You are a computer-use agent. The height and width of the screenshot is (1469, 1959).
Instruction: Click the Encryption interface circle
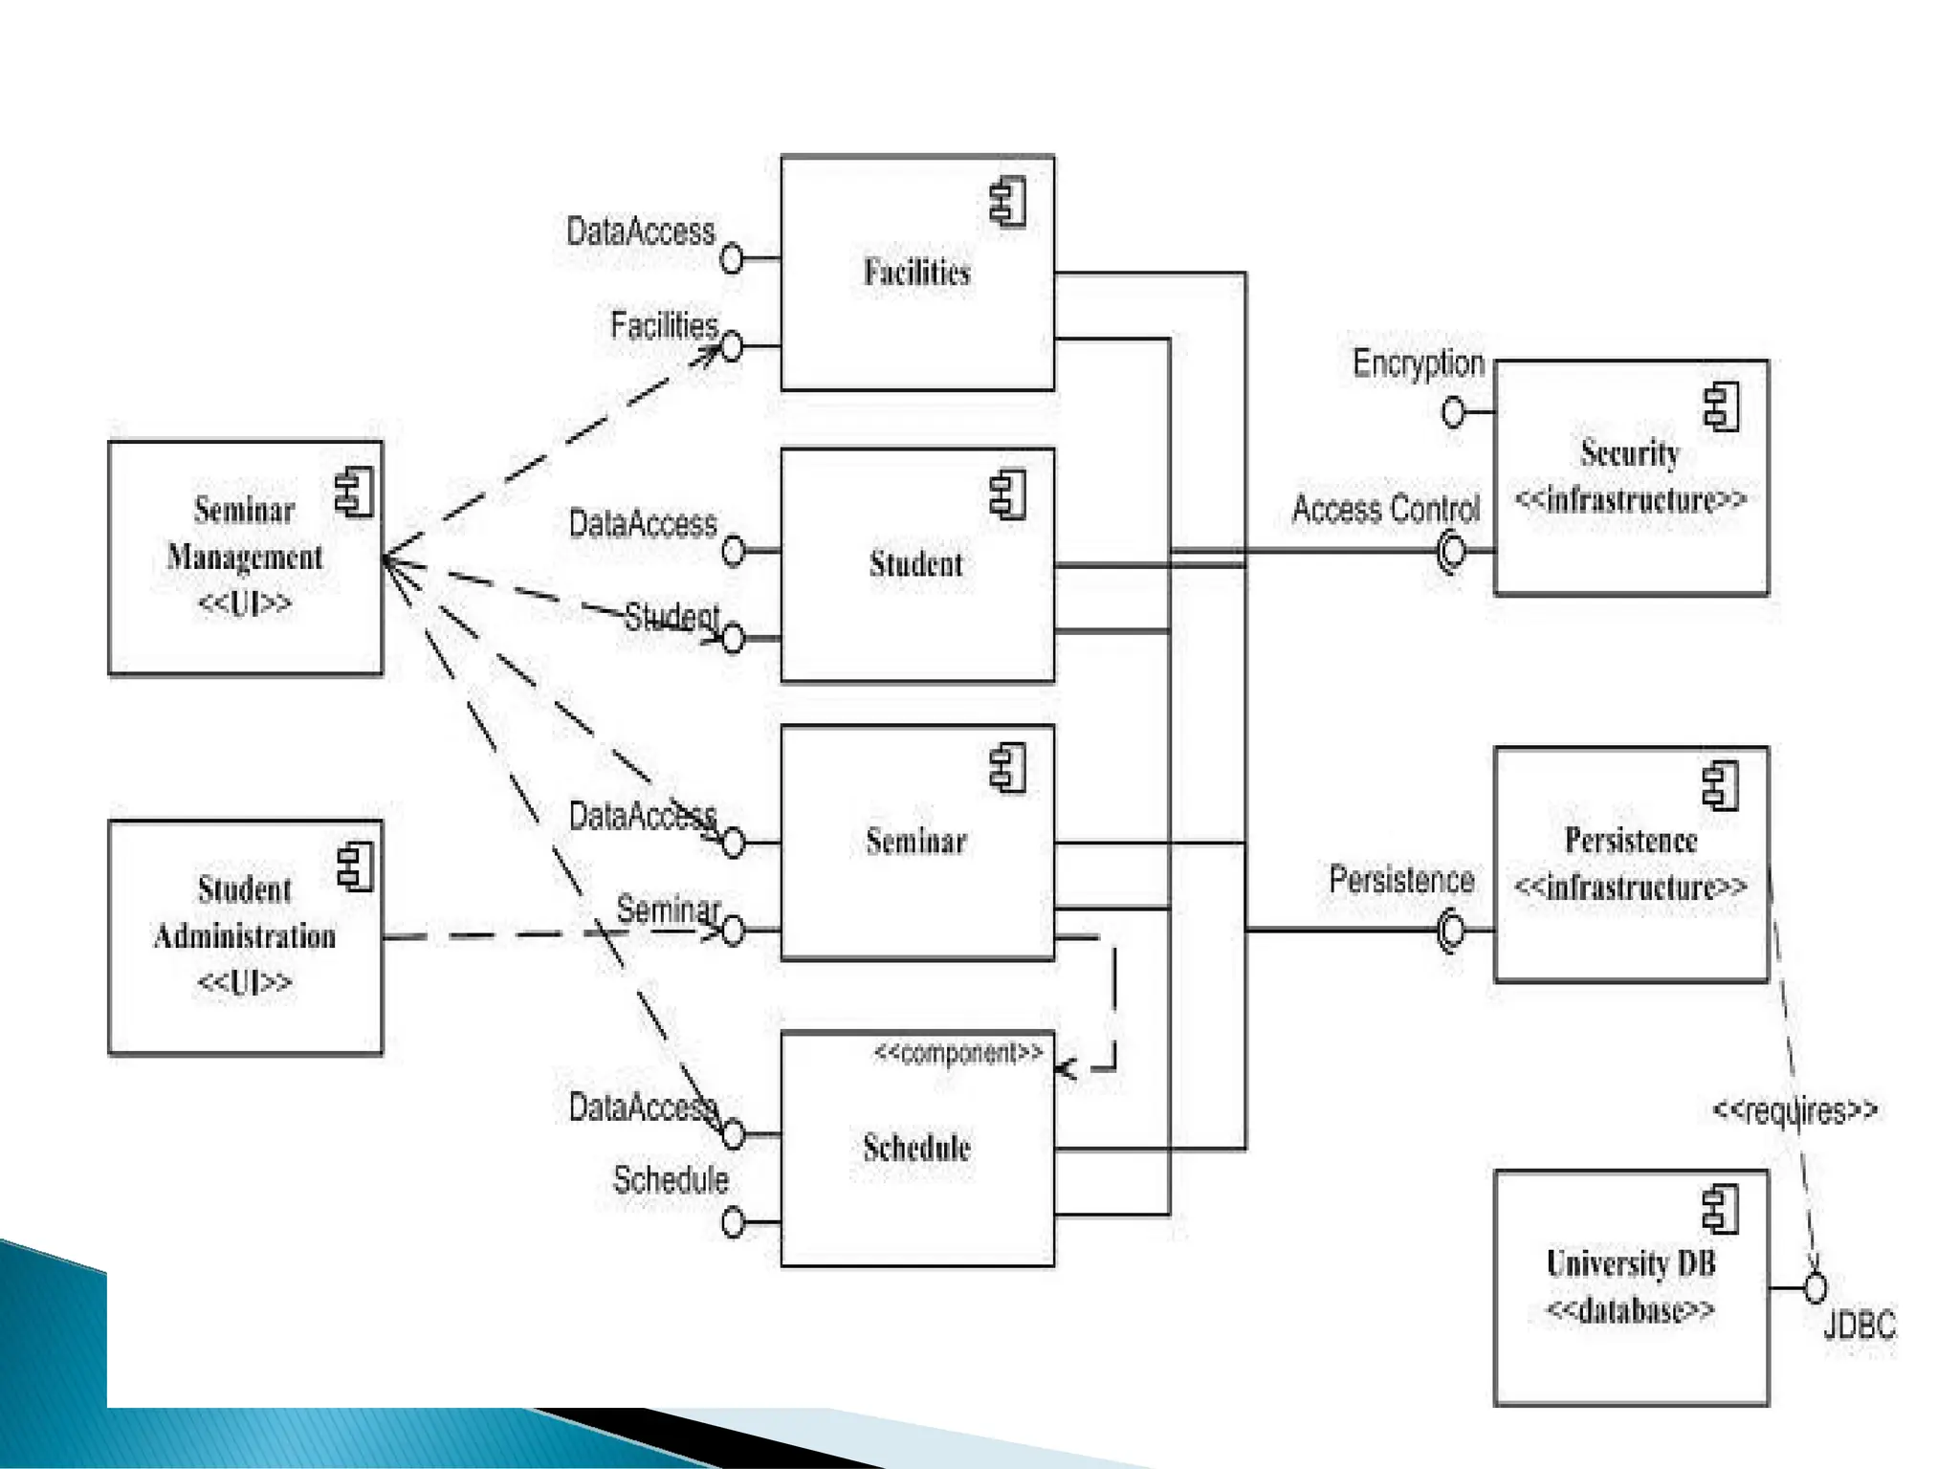1453,412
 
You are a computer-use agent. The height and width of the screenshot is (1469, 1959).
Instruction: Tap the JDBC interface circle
1815,1288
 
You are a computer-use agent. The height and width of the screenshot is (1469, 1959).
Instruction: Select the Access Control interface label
1385,509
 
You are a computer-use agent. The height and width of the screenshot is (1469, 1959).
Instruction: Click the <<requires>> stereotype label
1794,1110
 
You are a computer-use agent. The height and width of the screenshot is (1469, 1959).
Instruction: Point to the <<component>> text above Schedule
957,1053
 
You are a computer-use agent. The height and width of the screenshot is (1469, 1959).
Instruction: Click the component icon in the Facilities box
1008,202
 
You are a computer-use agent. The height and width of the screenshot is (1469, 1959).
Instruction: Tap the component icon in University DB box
1721,1209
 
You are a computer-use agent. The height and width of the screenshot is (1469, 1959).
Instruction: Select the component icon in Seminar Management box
354,493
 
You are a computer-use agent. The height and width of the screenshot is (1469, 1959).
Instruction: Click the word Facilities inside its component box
916,273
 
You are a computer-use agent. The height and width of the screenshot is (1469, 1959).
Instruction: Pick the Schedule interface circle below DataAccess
733,1222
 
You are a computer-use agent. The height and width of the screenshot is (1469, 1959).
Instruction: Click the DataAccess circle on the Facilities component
732,258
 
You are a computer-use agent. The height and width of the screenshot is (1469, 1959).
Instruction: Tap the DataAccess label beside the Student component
642,524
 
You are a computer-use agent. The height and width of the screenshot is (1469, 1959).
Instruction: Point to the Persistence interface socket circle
1451,930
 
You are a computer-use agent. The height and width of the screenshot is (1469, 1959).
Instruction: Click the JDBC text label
1859,1326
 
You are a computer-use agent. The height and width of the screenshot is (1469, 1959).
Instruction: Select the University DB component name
1631,1263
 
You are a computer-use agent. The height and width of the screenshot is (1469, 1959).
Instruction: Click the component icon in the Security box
1722,406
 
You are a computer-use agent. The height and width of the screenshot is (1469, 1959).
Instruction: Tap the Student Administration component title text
245,912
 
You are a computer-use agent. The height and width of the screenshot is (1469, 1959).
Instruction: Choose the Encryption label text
1418,363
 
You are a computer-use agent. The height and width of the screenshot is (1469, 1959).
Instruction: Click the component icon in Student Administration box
355,866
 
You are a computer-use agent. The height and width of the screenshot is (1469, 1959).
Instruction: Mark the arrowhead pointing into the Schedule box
1064,1068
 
